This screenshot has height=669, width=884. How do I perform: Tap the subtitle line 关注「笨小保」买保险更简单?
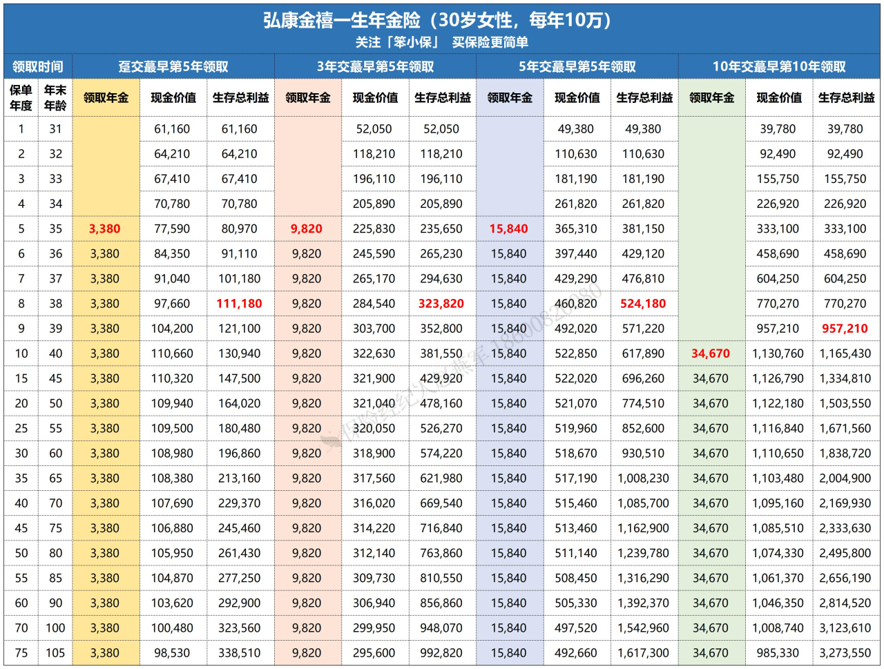click(x=442, y=42)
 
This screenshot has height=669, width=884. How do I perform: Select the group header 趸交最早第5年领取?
click(x=173, y=66)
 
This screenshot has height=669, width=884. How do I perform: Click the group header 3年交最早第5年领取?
click(x=375, y=66)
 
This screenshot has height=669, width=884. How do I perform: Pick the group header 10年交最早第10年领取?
click(x=779, y=66)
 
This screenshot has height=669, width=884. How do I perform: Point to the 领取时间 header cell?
click(x=38, y=66)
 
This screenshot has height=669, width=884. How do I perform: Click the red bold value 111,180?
click(x=240, y=304)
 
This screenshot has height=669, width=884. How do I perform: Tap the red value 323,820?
click(x=441, y=304)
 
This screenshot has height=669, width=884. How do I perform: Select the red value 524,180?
click(x=643, y=304)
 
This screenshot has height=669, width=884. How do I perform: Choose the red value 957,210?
click(x=845, y=329)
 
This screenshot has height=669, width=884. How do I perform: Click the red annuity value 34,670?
click(x=711, y=353)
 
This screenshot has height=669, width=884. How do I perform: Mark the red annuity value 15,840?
click(x=508, y=229)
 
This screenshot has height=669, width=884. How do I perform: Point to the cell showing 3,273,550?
click(x=845, y=653)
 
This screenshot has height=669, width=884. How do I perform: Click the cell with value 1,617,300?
click(x=643, y=653)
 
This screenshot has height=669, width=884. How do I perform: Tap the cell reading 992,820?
click(x=441, y=653)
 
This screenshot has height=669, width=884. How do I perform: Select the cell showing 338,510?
click(x=240, y=653)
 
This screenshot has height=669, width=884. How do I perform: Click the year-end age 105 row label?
click(x=55, y=653)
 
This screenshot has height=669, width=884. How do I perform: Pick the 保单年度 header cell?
click(x=21, y=97)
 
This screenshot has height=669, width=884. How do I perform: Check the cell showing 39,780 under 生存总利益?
click(x=845, y=129)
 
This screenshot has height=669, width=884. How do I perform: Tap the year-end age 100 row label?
click(x=55, y=628)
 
